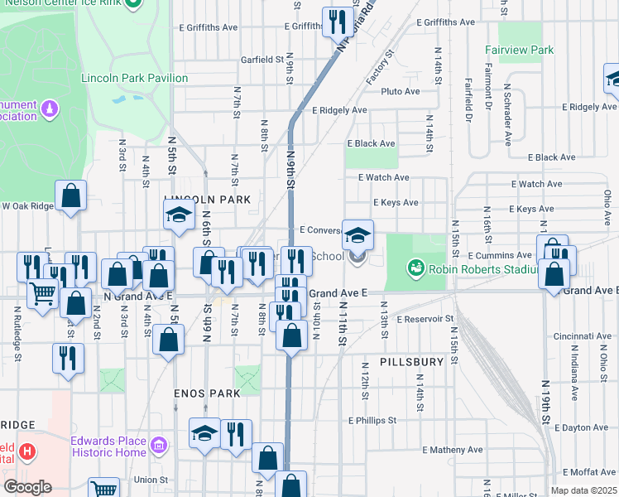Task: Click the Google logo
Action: point(27,487)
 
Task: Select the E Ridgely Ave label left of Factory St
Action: point(339,110)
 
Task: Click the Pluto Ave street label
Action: point(401,91)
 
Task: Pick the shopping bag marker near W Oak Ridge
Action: point(72,196)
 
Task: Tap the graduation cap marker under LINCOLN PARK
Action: point(178,215)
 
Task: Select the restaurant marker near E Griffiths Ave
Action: point(338,22)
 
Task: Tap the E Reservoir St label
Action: point(425,319)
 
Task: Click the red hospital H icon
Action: point(28,451)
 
